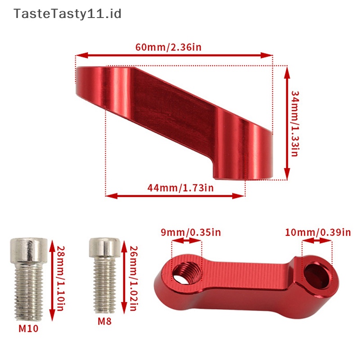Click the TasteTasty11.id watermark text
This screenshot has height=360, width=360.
(x=67, y=14)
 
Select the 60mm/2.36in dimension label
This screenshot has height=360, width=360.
(x=168, y=47)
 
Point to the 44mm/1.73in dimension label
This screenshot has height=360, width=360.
(x=180, y=188)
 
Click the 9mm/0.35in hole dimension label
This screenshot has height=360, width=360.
(x=191, y=232)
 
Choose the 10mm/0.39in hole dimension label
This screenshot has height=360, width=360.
(x=318, y=232)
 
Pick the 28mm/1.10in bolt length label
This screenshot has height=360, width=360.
(x=61, y=278)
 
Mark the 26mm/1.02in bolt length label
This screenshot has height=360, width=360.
(x=133, y=278)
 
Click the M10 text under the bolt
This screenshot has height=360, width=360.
(x=28, y=328)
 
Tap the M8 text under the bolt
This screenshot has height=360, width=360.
(x=104, y=321)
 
